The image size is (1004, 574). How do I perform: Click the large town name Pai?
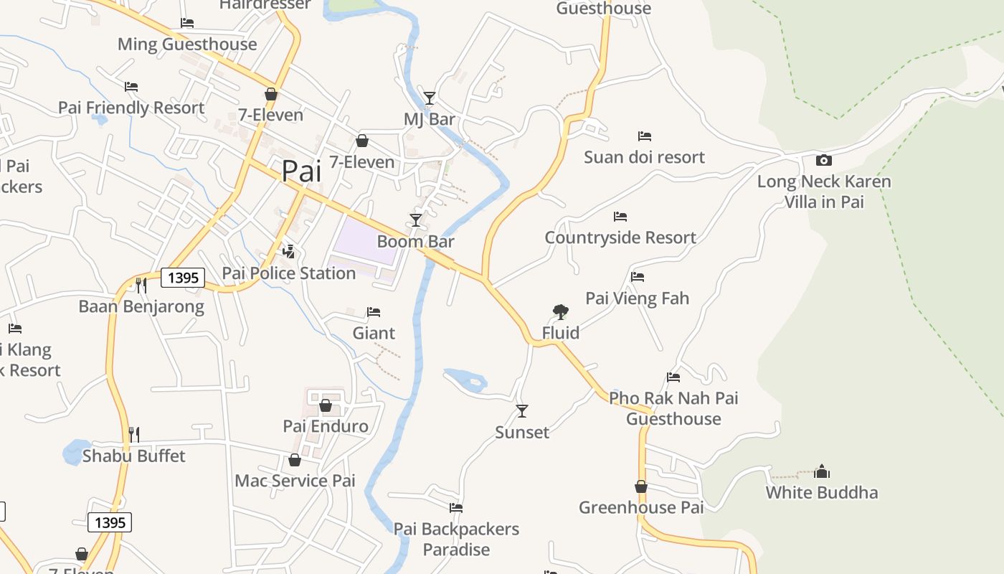[x=301, y=171]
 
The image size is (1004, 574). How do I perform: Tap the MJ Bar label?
[x=430, y=119]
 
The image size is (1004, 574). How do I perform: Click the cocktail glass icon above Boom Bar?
[x=416, y=220]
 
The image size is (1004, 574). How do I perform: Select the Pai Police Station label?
[x=289, y=273]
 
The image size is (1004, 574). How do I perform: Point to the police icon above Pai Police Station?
[x=288, y=251]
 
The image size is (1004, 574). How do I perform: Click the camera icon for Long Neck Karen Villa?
[x=824, y=160]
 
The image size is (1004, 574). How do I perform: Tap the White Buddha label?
[x=822, y=493]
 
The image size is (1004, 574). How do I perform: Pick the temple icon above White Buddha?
[x=822, y=471]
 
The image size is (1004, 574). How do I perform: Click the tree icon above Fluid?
[x=561, y=311]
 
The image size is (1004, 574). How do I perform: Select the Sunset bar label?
[x=522, y=433]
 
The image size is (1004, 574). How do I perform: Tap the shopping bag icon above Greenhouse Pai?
[x=641, y=486]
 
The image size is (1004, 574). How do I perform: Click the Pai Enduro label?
[x=326, y=426]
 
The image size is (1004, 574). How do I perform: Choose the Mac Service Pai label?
[x=295, y=481]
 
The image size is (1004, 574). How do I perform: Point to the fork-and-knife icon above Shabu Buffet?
[x=133, y=434]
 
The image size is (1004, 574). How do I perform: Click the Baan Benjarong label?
[x=141, y=307]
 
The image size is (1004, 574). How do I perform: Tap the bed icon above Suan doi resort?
[x=645, y=136]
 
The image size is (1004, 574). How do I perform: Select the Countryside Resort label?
[x=620, y=237]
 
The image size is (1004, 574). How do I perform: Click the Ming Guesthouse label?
[x=187, y=44]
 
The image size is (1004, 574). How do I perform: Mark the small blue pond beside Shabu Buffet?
[x=75, y=452]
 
